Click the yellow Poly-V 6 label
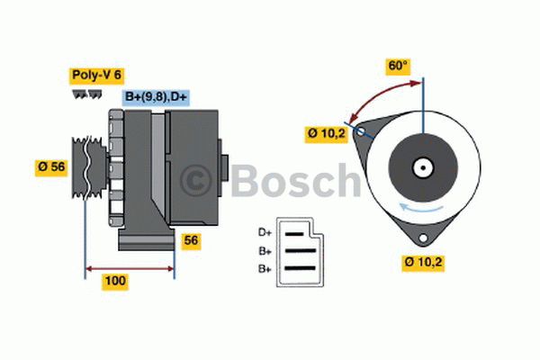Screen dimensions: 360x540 tap(95, 76)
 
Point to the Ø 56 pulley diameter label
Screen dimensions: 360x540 tap(52, 167)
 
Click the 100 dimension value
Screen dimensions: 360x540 tap(115, 281)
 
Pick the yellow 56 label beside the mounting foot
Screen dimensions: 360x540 tap(192, 240)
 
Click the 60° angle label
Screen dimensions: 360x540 tap(398, 66)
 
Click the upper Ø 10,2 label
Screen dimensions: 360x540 tap(327, 133)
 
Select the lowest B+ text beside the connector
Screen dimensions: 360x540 tap(265, 268)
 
